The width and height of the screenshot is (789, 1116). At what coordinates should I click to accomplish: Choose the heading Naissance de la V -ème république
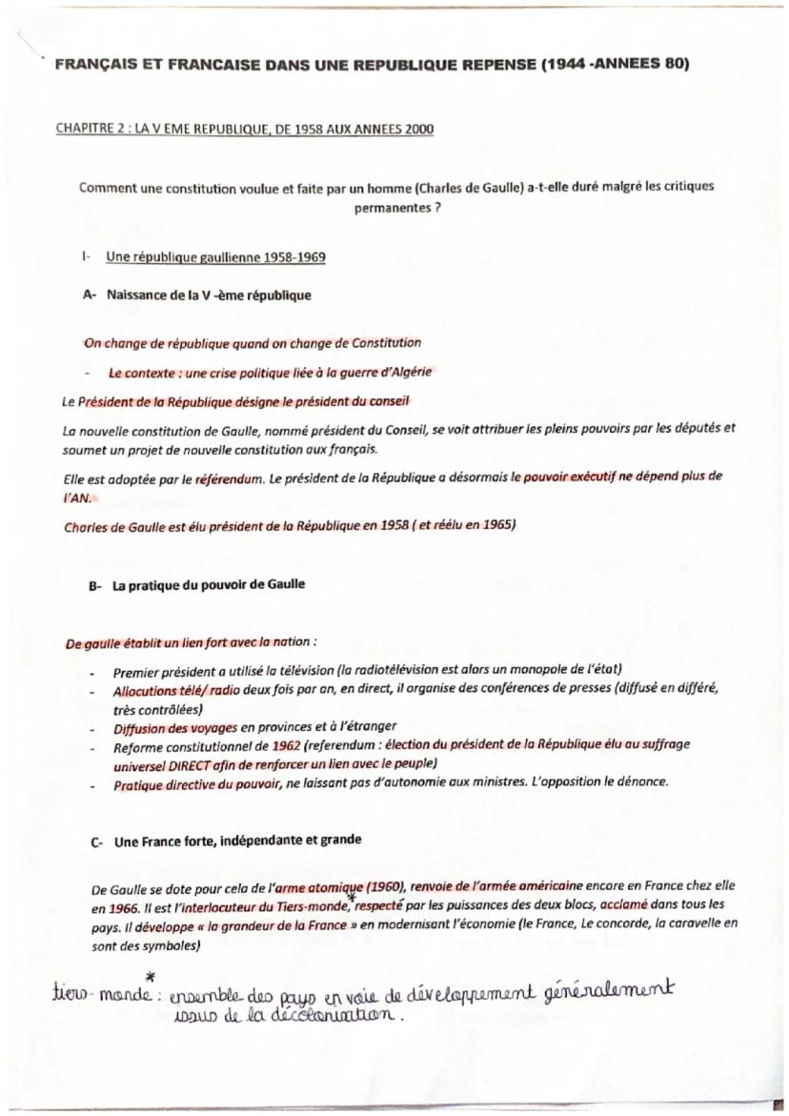click(210, 295)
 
